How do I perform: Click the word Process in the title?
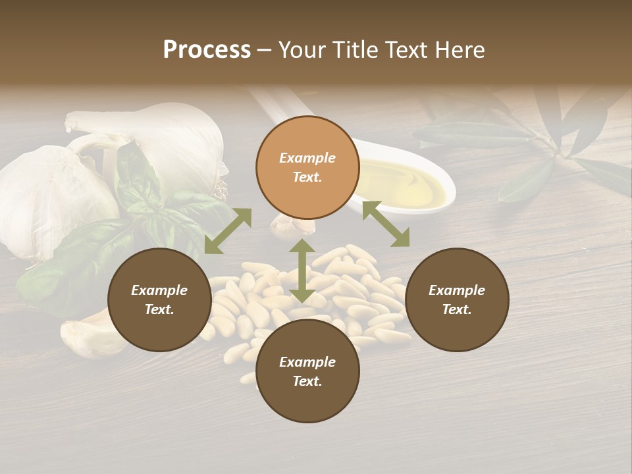[x=207, y=50]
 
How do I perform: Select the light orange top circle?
[x=307, y=167]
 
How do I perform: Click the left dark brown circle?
[x=159, y=300]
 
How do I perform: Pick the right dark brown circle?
[x=457, y=300]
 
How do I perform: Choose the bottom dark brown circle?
[x=307, y=371]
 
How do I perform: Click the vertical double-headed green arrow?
[x=302, y=271]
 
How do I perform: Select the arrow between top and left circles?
[x=228, y=231]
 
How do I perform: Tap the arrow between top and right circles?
[x=386, y=224]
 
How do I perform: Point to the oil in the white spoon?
[x=405, y=181]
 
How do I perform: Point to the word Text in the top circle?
[x=307, y=177]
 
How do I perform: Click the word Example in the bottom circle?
[x=307, y=362]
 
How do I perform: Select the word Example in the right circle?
[x=457, y=290]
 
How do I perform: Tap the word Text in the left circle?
[x=159, y=309]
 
